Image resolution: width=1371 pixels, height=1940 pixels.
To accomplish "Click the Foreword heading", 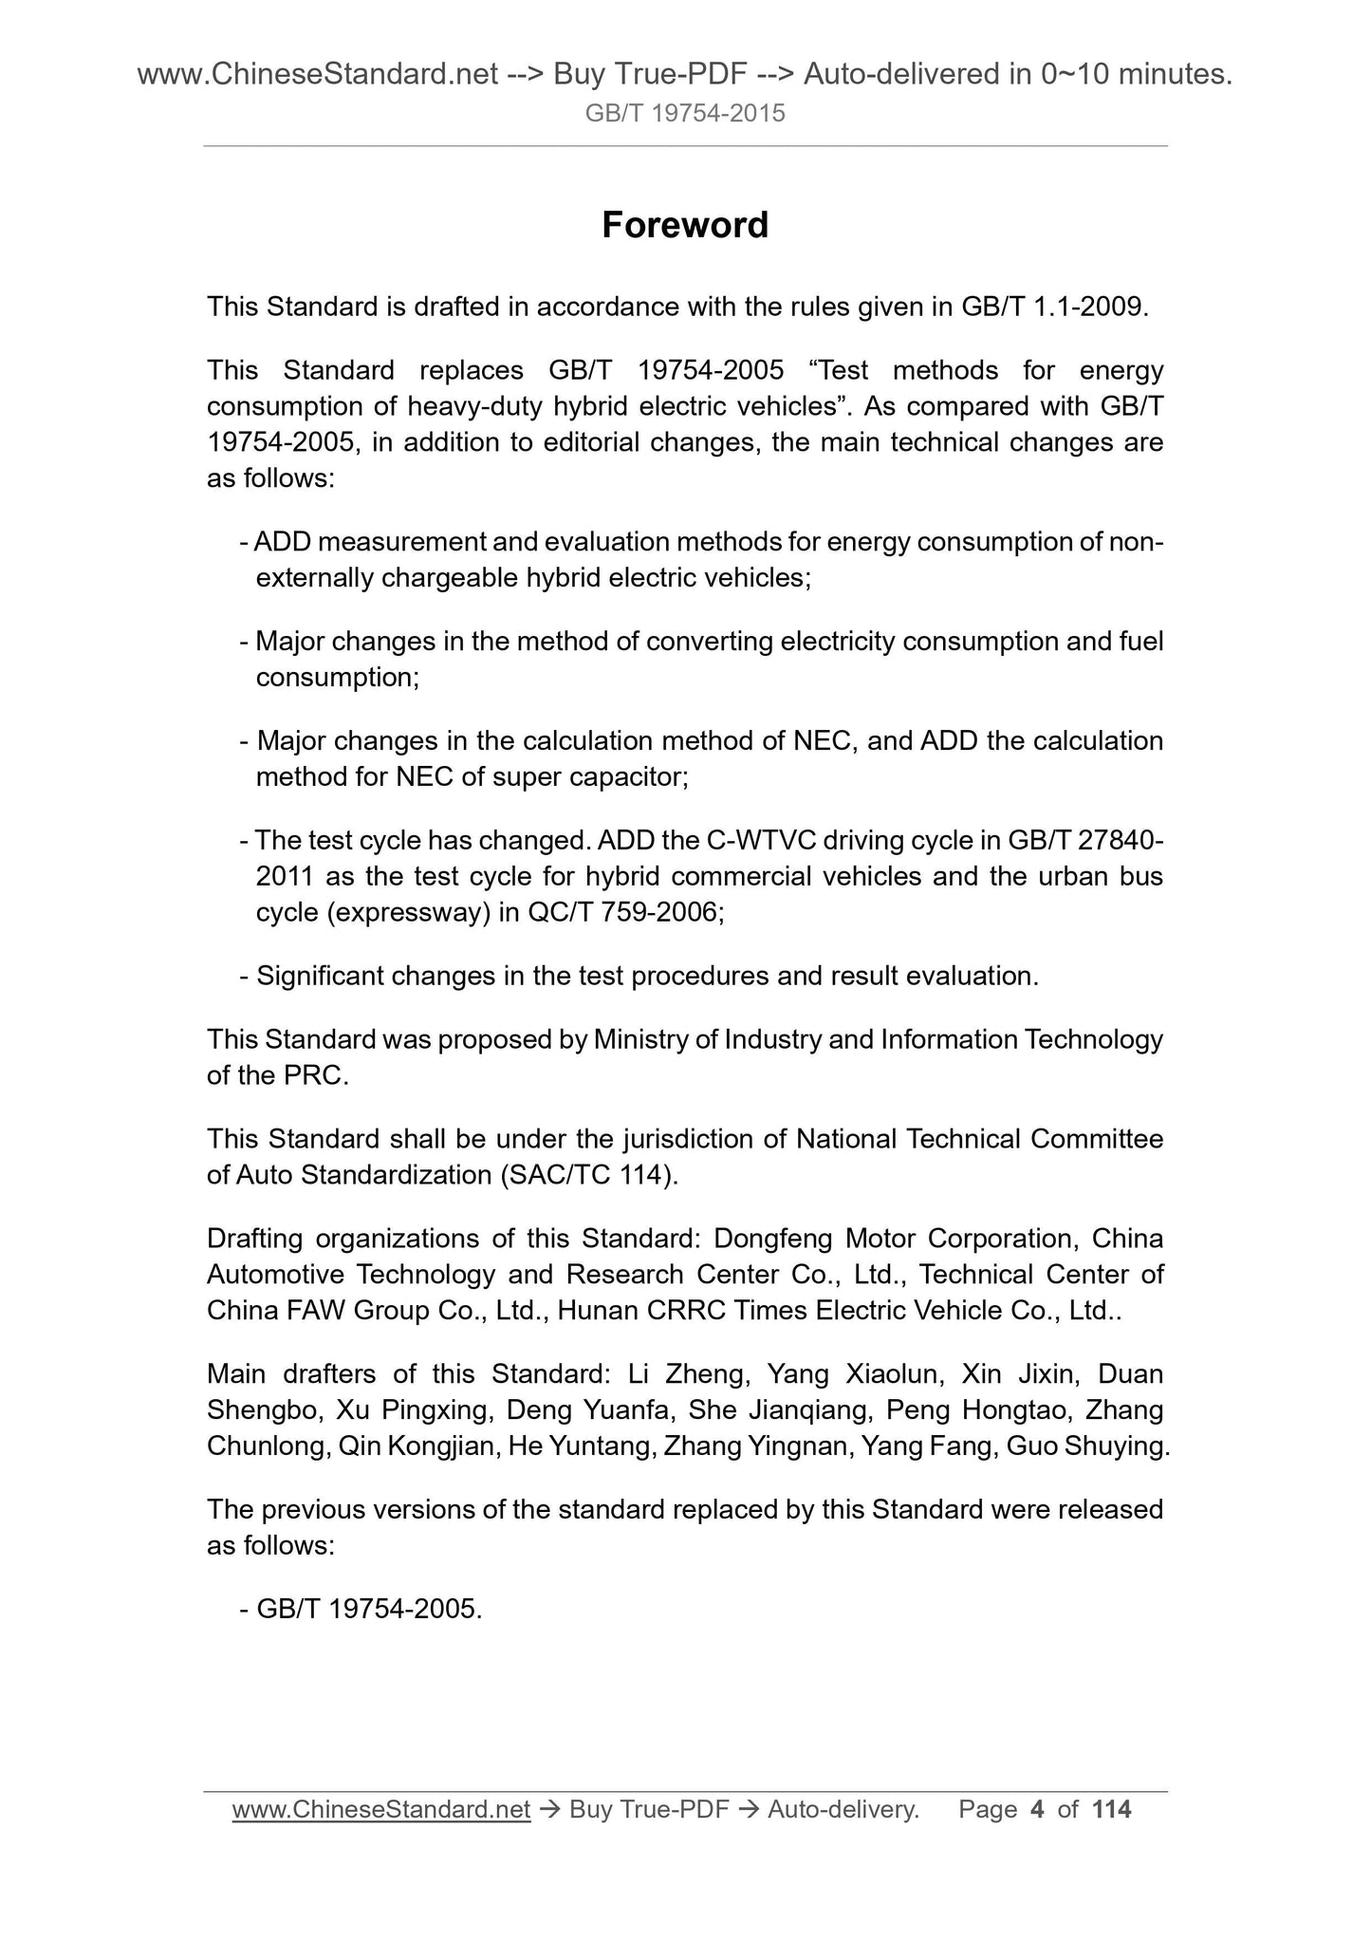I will tap(685, 225).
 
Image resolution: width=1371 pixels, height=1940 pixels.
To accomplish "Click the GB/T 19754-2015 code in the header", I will tap(685, 114).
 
